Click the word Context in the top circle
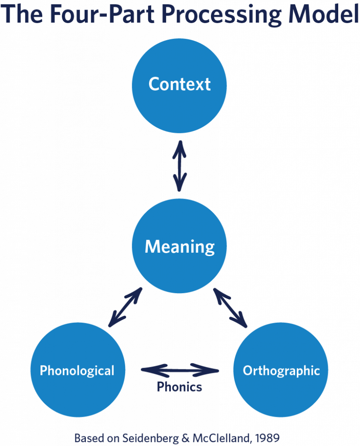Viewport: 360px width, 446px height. (180, 84)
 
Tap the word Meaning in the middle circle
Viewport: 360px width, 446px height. (180, 247)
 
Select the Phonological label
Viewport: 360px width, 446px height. (77, 371)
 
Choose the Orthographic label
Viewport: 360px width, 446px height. (281, 371)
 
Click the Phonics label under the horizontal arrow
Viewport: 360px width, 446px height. (180, 387)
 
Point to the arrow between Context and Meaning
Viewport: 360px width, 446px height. (180, 166)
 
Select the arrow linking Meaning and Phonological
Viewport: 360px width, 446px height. (125, 307)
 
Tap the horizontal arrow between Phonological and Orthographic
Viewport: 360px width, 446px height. (180, 371)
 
